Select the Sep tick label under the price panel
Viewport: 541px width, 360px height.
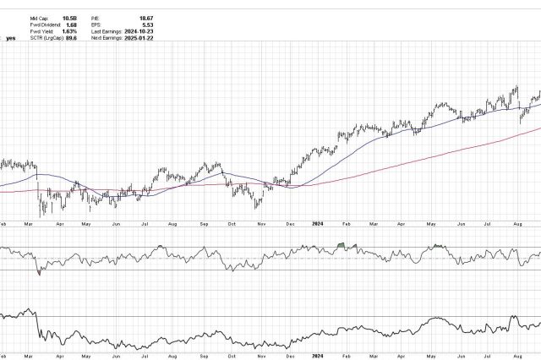[x=203, y=224]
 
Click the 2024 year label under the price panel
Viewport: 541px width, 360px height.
[x=316, y=224]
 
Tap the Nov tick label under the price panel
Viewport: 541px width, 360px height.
[x=261, y=224]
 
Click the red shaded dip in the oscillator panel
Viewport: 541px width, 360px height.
[x=40, y=272]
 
